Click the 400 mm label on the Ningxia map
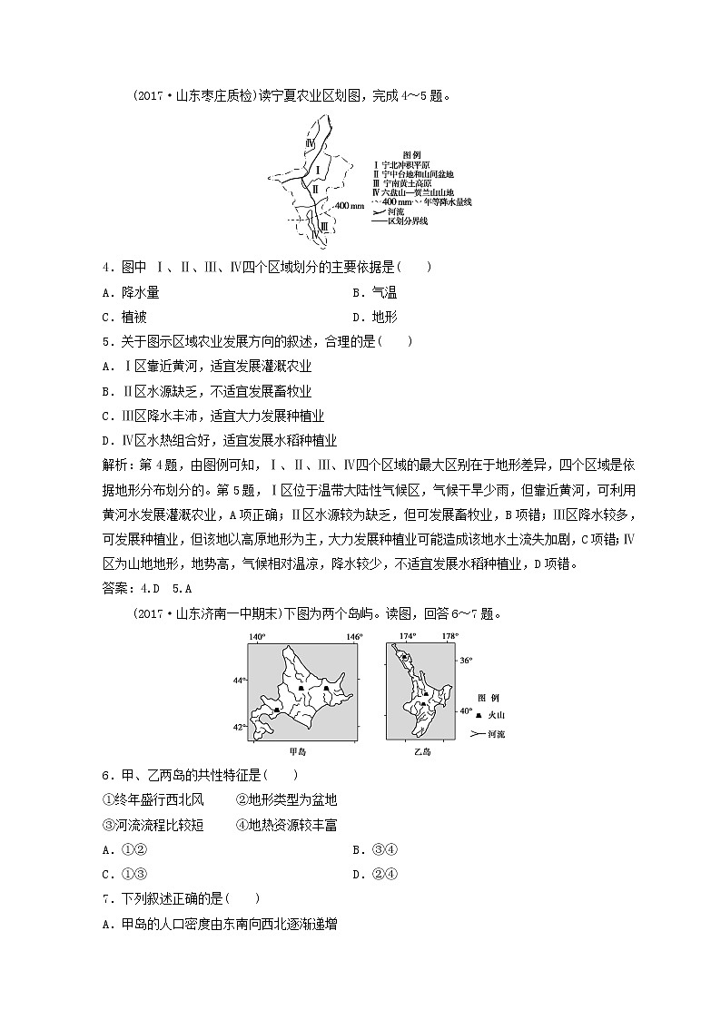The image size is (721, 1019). click(349, 206)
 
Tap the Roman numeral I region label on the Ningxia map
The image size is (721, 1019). click(318, 169)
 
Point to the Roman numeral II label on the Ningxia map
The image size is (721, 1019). click(313, 189)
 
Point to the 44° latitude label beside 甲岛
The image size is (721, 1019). click(238, 680)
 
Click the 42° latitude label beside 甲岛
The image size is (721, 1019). click(238, 727)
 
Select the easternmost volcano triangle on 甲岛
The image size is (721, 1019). click(325, 689)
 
